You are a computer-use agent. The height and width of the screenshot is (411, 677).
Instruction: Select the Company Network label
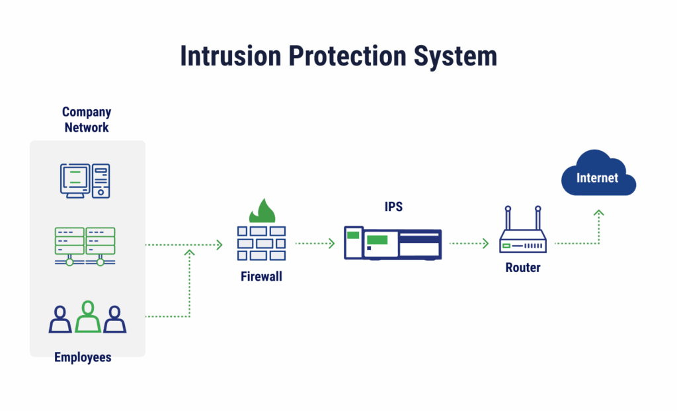tap(87, 120)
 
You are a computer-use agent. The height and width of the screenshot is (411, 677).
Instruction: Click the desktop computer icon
tap(85, 180)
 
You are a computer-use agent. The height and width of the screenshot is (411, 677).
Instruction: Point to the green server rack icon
tap(85, 246)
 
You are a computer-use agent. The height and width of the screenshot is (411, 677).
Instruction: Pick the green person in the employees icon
tap(87, 317)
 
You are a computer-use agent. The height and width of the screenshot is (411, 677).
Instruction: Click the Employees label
tap(83, 357)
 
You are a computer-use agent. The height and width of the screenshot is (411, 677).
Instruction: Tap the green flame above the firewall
tap(262, 212)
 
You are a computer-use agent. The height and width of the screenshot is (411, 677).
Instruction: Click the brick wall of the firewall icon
tap(262, 243)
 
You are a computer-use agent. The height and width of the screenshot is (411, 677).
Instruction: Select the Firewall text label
tap(261, 277)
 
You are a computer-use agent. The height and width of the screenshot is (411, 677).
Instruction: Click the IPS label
tap(393, 207)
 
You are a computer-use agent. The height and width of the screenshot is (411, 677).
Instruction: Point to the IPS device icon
tap(393, 243)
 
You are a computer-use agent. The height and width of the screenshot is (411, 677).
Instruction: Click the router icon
tap(522, 235)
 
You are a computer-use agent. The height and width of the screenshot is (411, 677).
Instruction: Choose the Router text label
tap(523, 268)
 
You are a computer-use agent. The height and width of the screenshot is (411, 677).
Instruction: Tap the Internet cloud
tap(598, 176)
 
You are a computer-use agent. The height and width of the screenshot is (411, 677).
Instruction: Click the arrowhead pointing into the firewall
tap(220, 244)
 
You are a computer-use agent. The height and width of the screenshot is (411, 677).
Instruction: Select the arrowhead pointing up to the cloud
tap(598, 213)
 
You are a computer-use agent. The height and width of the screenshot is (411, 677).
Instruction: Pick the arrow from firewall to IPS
tap(315, 244)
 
